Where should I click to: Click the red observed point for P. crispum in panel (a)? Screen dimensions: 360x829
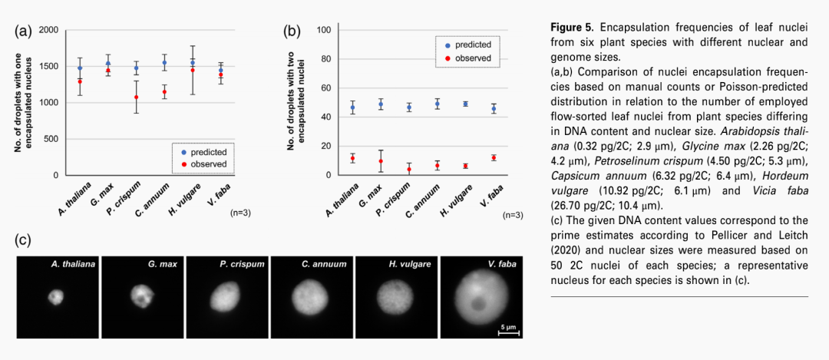[x=137, y=97]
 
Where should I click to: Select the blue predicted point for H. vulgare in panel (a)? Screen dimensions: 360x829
[x=193, y=63]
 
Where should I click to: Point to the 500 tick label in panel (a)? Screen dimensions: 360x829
[x=50, y=139]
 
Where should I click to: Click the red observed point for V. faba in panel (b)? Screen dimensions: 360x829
[x=494, y=157]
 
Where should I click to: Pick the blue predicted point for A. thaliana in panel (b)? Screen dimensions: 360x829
[x=353, y=107]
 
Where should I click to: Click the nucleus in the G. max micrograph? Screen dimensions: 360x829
[x=140, y=295]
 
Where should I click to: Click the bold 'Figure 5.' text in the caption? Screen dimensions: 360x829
[x=573, y=28]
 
